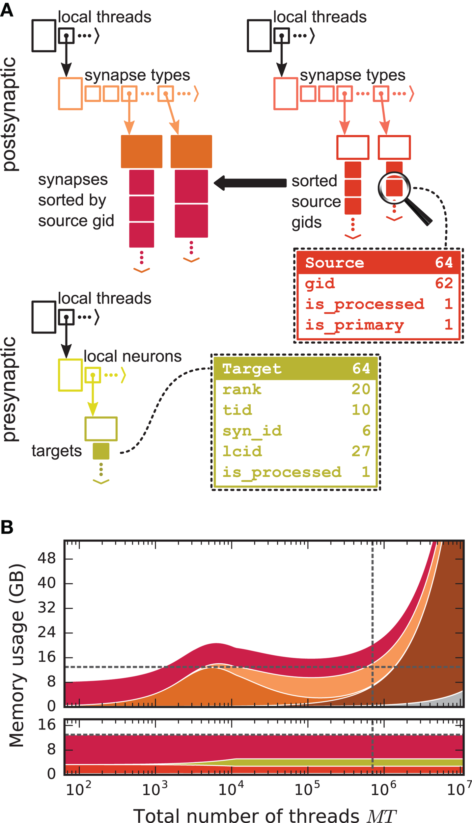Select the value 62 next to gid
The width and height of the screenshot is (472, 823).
pyautogui.click(x=443, y=283)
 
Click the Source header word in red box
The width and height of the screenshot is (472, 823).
pyautogui.click(x=334, y=263)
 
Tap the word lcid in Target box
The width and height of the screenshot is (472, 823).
pyautogui.click(x=242, y=451)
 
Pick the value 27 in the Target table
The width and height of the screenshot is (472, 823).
pyautogui.click(x=361, y=451)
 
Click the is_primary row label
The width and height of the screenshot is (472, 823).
pyautogui.click(x=354, y=325)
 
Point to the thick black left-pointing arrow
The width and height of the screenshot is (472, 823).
pyautogui.click(x=250, y=183)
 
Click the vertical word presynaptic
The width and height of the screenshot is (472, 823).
pyautogui.click(x=10, y=388)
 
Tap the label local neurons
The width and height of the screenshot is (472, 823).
pyautogui.click(x=132, y=357)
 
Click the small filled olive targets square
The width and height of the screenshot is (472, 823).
pyautogui.click(x=101, y=451)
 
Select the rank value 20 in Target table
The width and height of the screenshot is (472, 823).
pyautogui.click(x=361, y=389)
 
